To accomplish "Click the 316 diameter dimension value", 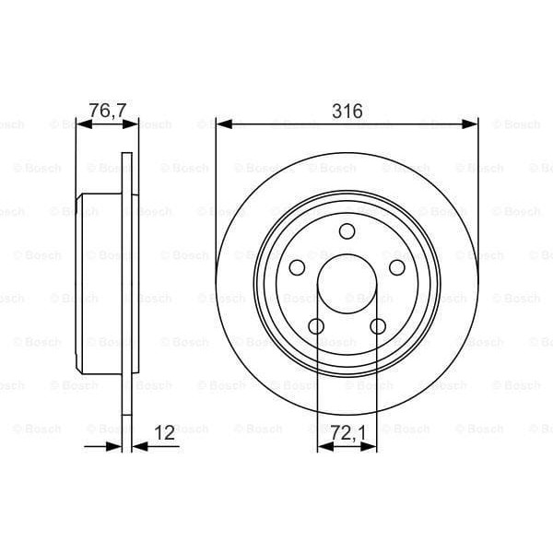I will (x=347, y=111).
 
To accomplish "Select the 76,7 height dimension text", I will (x=107, y=111).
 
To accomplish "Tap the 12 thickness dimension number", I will (x=165, y=430).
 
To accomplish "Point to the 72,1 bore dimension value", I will (x=347, y=430).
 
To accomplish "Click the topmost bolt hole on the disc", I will (x=347, y=231).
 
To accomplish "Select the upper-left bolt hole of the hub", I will (x=297, y=267).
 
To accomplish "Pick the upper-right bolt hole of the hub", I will (x=397, y=267).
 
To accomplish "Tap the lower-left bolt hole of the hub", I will (x=316, y=326).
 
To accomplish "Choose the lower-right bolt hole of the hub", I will (x=378, y=326).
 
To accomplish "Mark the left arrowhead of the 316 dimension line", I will (x=222, y=124).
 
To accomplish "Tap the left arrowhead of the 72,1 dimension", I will (x=323, y=446).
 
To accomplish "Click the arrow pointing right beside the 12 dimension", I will (x=114, y=446).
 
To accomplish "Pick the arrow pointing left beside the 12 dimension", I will (x=141, y=446).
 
